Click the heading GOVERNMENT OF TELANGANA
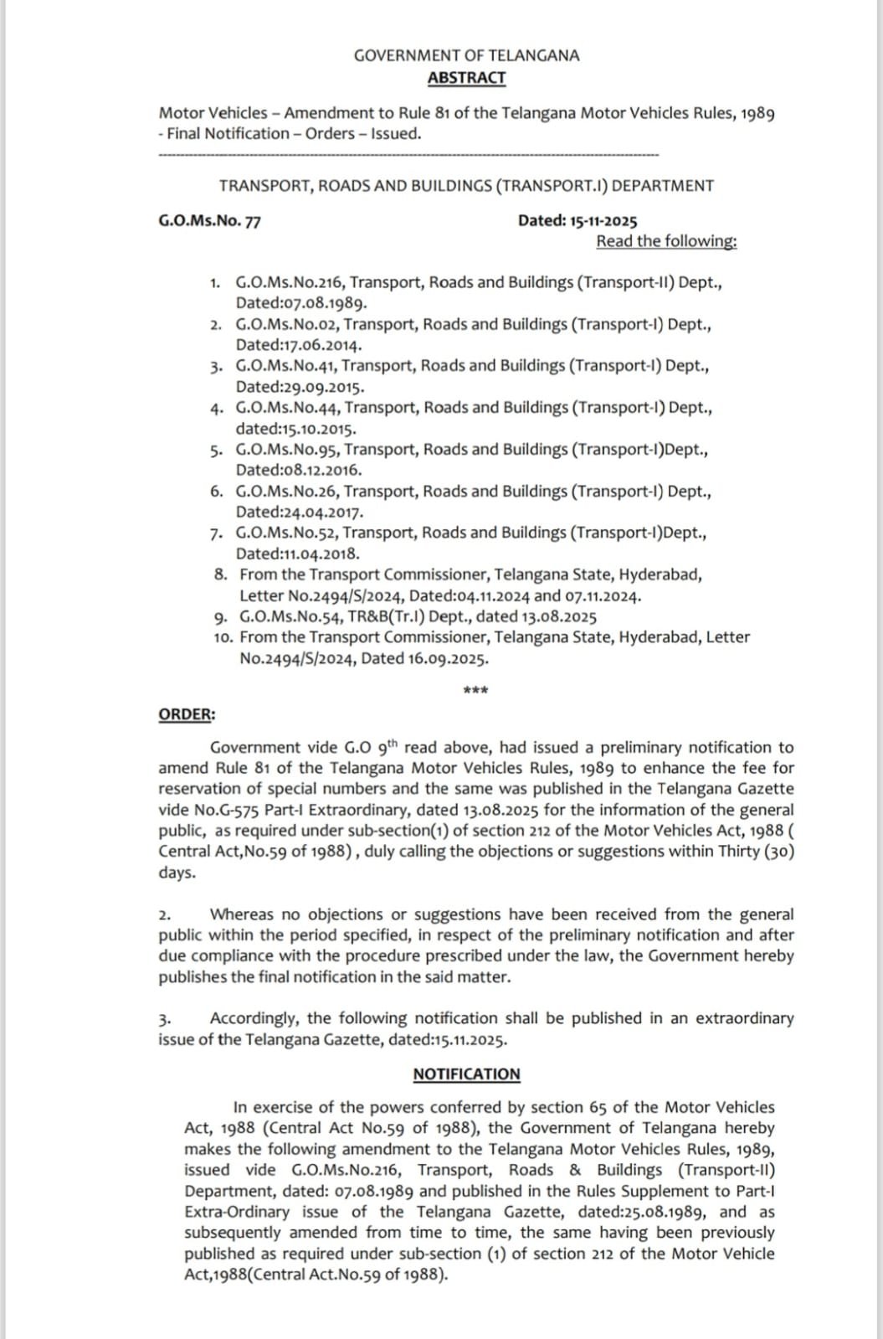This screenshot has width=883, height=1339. [466, 55]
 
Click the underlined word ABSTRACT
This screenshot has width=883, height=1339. [466, 78]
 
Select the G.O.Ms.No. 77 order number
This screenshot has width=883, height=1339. [209, 221]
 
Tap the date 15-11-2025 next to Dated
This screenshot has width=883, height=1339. [603, 221]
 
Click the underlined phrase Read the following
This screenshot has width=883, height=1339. [666, 241]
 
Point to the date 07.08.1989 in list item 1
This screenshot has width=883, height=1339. [324, 303]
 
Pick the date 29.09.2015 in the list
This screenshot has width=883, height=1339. [324, 387]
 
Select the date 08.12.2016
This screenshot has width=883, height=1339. [322, 470]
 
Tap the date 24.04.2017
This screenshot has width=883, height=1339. [323, 512]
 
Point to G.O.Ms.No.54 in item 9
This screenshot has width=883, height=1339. [290, 617]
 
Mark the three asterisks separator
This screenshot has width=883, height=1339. [475, 691]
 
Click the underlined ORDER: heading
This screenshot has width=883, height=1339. [187, 714]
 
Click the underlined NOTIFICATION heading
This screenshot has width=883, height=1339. [466, 1074]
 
